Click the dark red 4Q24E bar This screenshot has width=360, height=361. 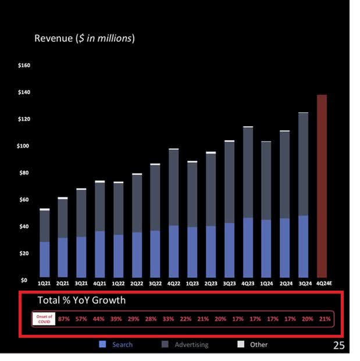click(x=321, y=186)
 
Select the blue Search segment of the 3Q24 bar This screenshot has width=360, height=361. click(x=303, y=246)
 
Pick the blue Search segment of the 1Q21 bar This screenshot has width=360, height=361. click(x=44, y=259)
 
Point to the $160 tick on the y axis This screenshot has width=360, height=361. click(x=24, y=65)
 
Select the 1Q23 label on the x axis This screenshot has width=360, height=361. click(x=192, y=283)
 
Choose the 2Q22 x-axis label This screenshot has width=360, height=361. click(x=137, y=283)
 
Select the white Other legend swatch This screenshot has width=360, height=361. click(x=241, y=345)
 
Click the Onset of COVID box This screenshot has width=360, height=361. click(x=44, y=319)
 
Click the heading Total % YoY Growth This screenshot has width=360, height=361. click(x=81, y=301)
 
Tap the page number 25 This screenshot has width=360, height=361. click(x=338, y=346)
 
